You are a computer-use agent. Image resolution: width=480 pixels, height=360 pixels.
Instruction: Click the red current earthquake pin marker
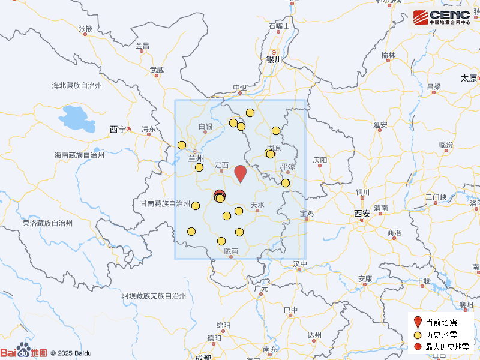pyautogui.click(x=241, y=173)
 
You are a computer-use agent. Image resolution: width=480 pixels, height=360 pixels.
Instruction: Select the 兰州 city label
pyautogui.click(x=196, y=158)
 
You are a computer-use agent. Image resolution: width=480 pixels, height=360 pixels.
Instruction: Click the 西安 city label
pyautogui.click(x=362, y=213)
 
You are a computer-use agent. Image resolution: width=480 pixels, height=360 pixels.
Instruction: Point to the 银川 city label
pyautogui.click(x=274, y=59)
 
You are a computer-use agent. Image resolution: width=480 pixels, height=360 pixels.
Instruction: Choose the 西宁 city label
pyautogui.click(x=118, y=129)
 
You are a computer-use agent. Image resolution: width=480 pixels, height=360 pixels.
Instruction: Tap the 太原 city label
pyautogui.click(x=469, y=78)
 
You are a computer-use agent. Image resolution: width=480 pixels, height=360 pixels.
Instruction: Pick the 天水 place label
pyautogui.click(x=257, y=205)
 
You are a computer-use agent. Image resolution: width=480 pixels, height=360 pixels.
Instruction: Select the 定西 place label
pyautogui.click(x=221, y=165)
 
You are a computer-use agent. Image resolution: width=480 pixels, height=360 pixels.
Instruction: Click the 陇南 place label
pyautogui.click(x=232, y=251)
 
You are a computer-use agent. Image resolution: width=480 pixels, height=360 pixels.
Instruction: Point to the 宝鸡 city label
pyautogui.click(x=307, y=213)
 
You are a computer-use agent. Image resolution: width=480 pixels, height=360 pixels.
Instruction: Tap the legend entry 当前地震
pyautogui.click(x=441, y=322)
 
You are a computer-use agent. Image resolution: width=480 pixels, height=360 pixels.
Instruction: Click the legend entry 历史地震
pyautogui.click(x=441, y=335)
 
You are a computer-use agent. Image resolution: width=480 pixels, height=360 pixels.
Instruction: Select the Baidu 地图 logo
pyautogui.click(x=24, y=352)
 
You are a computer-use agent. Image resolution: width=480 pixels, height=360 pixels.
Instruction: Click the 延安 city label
pyautogui.click(x=380, y=125)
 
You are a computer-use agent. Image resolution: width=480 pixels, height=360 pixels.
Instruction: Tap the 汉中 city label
pyautogui.click(x=300, y=264)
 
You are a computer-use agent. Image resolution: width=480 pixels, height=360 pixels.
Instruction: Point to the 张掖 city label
pyautogui.click(x=85, y=28)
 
